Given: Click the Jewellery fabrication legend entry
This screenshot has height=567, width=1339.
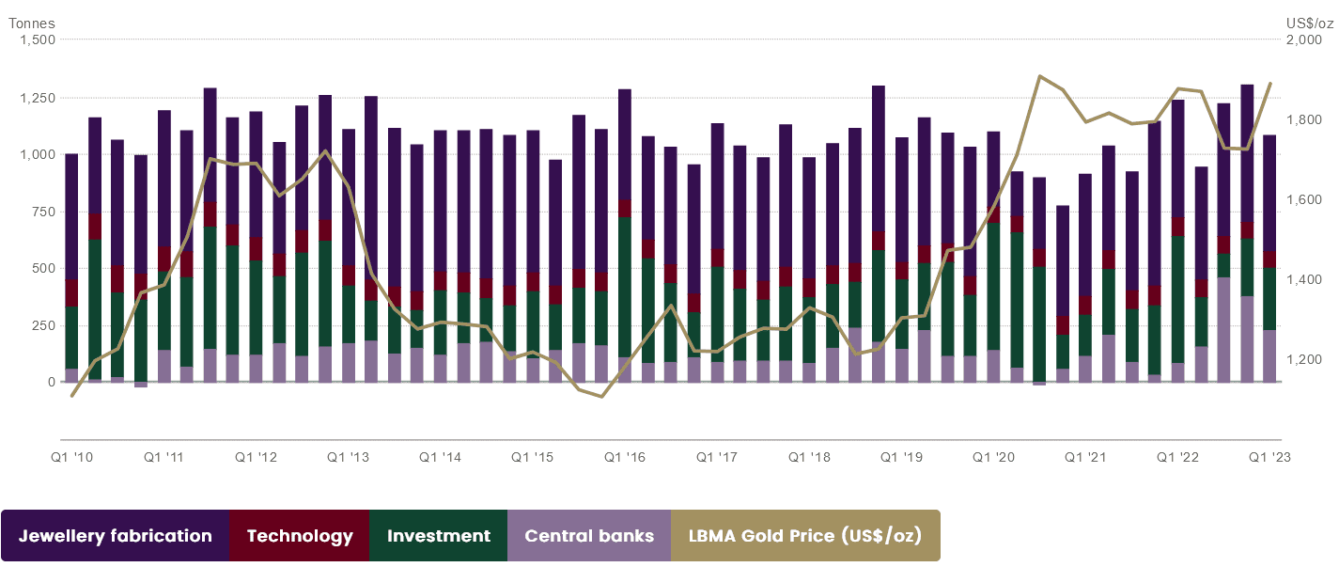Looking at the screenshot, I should click(x=116, y=536).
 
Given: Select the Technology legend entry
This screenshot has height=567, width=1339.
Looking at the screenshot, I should click(x=300, y=536).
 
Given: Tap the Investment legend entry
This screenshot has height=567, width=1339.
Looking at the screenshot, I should click(x=439, y=536).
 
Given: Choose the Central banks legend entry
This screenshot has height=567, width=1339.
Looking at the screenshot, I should click(x=589, y=536).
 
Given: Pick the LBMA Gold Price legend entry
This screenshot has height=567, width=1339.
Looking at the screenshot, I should click(x=805, y=536).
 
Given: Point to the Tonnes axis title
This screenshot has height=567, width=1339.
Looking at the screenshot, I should click(x=32, y=23).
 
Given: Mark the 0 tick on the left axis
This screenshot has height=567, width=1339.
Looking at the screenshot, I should click(x=51, y=382).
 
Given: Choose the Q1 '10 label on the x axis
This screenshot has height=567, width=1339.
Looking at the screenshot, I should click(x=71, y=457).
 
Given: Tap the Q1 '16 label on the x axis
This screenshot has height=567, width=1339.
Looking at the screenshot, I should click(x=625, y=457).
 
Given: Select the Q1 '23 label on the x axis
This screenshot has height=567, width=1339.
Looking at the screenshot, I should click(x=1269, y=457).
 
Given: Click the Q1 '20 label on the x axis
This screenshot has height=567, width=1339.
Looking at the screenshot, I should click(x=993, y=457).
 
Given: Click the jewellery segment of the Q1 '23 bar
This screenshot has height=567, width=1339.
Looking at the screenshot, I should click(x=1269, y=193).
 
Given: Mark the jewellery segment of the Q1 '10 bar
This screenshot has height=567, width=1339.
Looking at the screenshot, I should click(x=71, y=216).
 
